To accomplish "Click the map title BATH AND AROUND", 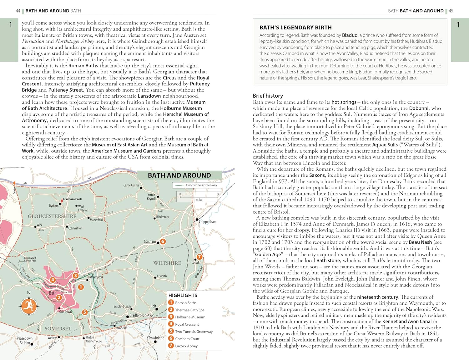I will coord(179,175).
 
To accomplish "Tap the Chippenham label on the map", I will coord(208,222).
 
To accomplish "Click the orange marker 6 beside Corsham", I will coord(163,241).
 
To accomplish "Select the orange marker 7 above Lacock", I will coord(199,257).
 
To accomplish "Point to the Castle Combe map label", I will coord(131,185).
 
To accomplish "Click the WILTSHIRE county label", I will coord(167,263).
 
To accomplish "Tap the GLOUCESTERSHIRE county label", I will coord(52,216).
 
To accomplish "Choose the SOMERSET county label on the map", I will coord(58,329).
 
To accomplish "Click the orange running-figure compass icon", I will coord(28,306).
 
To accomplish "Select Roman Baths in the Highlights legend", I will coord(186,303).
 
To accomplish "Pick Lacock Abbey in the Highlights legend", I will coord(186,346).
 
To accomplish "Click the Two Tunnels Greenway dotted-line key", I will coord(197,185).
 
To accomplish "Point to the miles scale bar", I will coord(199,197).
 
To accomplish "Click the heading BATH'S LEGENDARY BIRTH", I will coord(295,28).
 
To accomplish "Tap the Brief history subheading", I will coord(268,96).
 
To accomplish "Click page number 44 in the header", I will coord(18,11).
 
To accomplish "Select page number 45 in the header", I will coord(451,11).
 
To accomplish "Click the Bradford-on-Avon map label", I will coord(142,315).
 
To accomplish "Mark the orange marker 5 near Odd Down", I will coord(84,312).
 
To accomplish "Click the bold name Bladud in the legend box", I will coord(350,35).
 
